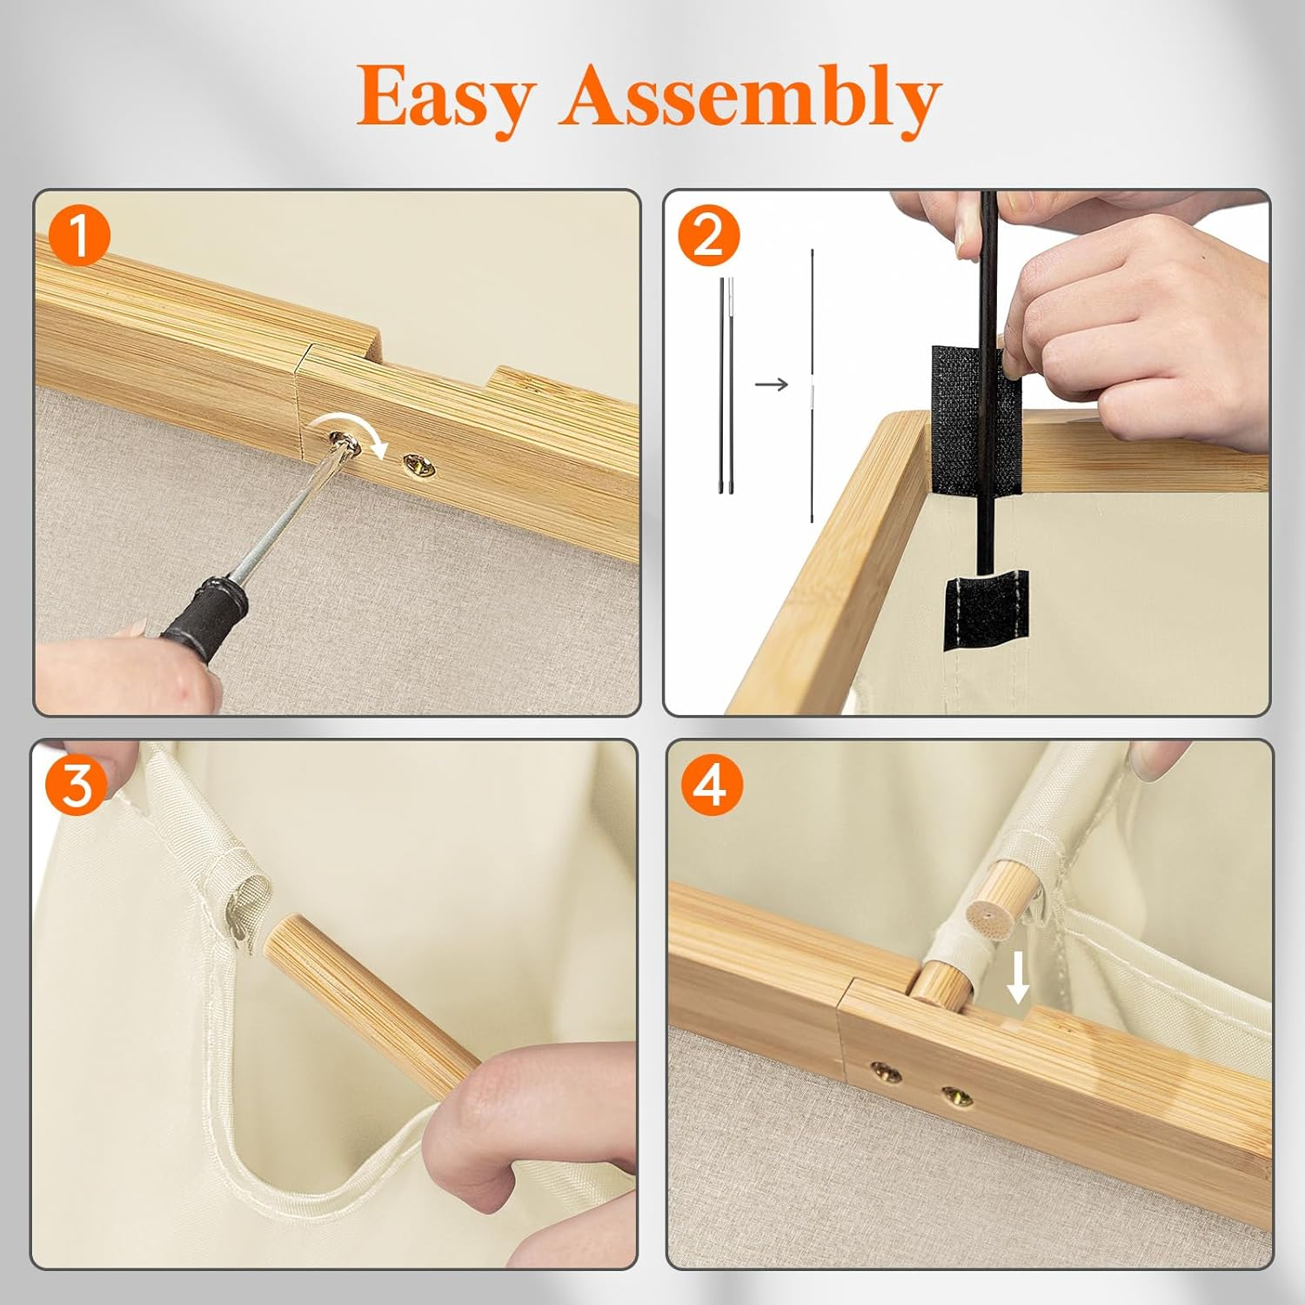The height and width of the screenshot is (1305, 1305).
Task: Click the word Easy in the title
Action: click(x=445, y=97)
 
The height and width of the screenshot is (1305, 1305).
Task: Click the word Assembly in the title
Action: click(x=751, y=97)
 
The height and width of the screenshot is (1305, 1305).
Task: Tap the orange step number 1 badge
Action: click(x=80, y=237)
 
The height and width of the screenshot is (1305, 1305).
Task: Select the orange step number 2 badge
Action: click(x=708, y=235)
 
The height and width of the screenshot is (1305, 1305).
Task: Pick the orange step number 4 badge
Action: click(x=711, y=785)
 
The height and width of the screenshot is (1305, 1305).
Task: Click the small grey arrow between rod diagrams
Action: click(x=771, y=384)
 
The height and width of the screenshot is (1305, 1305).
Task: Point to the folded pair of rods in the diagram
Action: click(x=725, y=385)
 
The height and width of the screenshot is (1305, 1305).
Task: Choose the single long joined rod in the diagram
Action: click(x=813, y=385)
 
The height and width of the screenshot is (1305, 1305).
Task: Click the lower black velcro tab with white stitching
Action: click(x=986, y=610)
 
